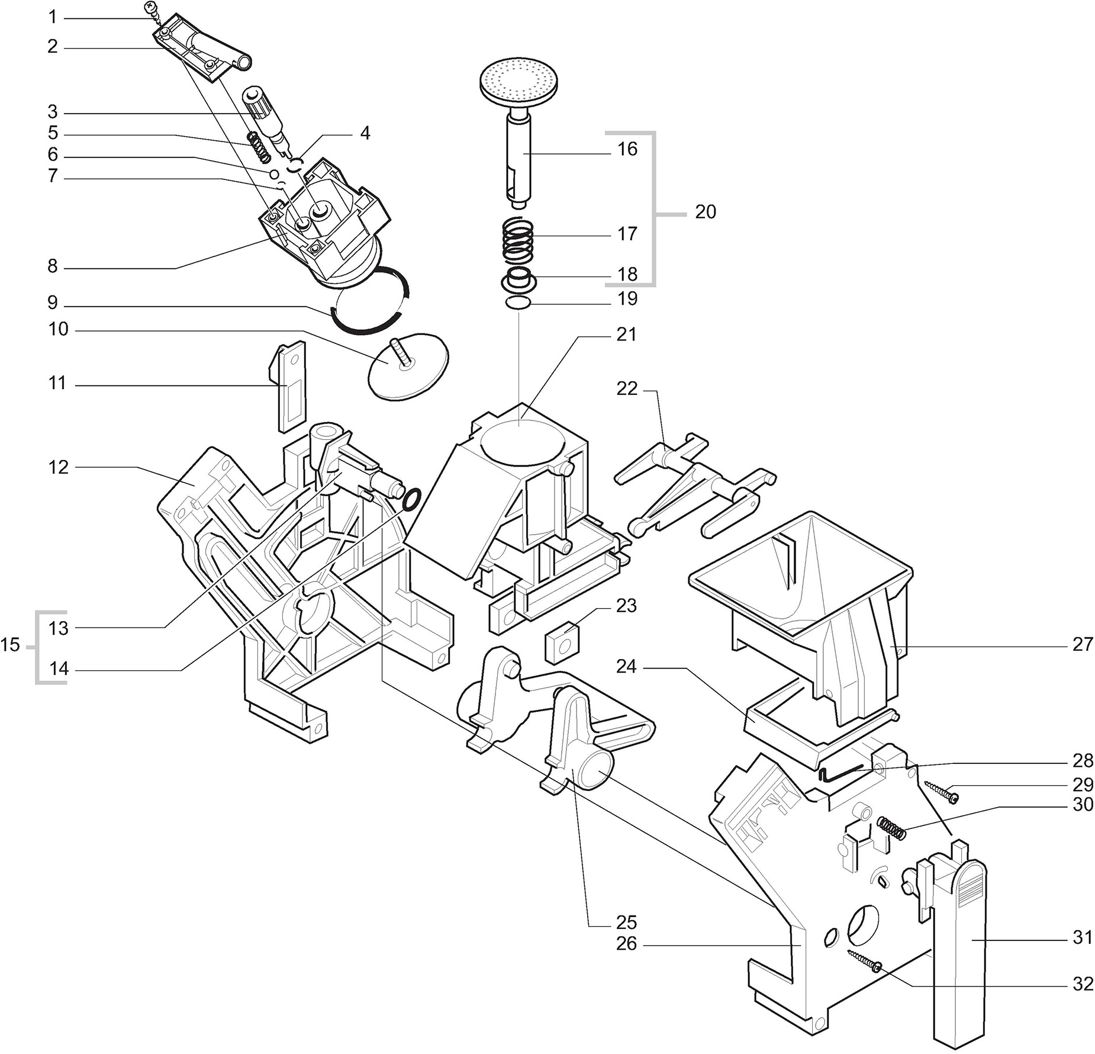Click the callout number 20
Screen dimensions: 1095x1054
pos(705,211)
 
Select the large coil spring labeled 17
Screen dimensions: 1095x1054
pos(518,242)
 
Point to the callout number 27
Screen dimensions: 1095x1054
pos(1083,644)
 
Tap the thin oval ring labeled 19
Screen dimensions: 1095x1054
pos(518,303)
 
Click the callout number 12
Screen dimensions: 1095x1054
pos(59,467)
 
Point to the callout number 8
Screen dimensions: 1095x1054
pos(53,266)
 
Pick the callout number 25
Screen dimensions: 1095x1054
pos(626,922)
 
